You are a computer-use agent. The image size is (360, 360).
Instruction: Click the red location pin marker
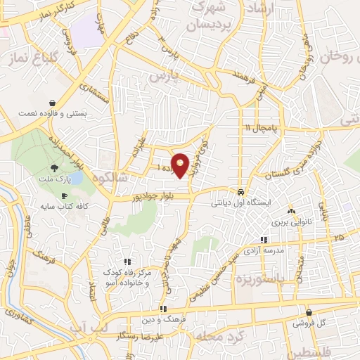point(181,165)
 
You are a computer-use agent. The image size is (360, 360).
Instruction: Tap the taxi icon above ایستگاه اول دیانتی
point(240,193)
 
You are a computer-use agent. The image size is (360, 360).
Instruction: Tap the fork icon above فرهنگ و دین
point(162,308)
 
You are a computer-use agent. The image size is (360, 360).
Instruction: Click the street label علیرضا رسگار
point(141,337)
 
